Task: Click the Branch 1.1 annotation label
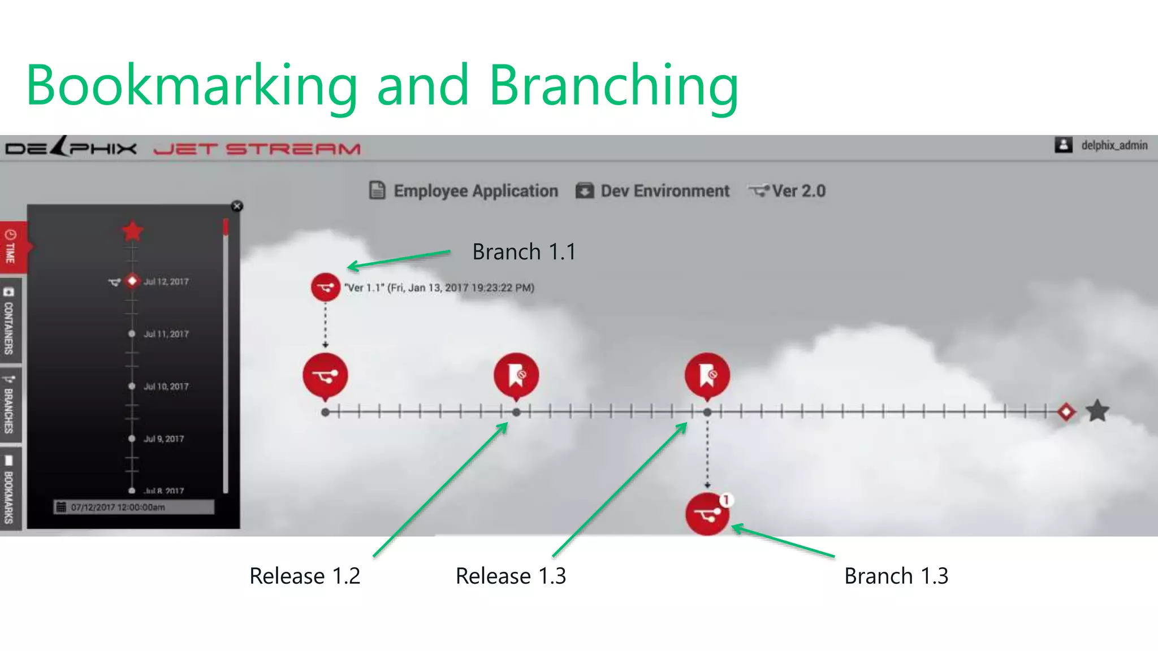524,252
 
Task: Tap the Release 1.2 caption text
305,576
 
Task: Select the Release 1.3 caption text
511,576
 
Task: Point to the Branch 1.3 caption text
896,576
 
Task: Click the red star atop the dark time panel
132,231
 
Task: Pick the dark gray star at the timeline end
1097,411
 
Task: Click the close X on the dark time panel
237,206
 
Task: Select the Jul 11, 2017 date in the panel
166,334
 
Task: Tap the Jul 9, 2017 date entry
163,439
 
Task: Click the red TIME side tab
11,246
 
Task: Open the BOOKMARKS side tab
10,489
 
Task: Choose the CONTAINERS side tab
10,320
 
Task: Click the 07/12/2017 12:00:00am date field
133,507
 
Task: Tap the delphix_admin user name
1114,145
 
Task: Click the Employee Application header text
475,191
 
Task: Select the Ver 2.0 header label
798,191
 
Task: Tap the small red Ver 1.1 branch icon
325,288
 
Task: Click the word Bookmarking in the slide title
192,85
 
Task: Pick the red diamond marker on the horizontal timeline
1066,412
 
